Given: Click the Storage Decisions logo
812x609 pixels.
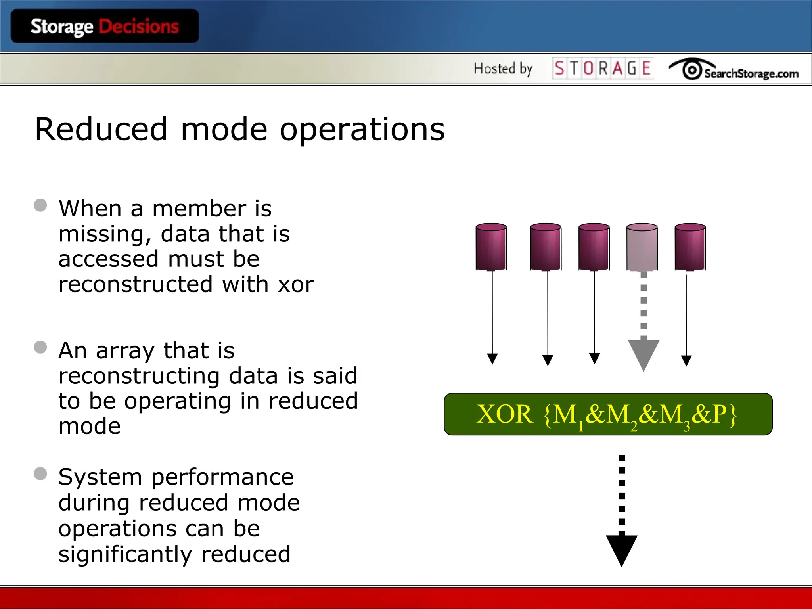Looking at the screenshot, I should [105, 26].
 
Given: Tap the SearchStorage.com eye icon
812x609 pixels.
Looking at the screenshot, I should [692, 70].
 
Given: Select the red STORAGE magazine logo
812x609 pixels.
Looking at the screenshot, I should [603, 68].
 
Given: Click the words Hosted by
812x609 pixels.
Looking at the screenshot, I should [503, 69].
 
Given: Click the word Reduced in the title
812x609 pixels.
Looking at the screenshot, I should [101, 129].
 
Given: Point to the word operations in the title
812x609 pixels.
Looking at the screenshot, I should [362, 130].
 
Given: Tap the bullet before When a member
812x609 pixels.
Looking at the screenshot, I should [40, 205].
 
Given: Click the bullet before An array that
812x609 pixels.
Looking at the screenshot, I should [40, 347].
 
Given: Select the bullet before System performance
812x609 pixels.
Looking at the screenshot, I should [40, 473].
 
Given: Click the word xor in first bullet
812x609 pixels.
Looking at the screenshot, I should [296, 284].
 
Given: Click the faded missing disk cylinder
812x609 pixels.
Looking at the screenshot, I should [642, 247].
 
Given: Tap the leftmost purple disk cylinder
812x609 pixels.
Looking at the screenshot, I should [491, 247].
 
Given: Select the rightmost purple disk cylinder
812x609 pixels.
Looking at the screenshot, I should [690, 247].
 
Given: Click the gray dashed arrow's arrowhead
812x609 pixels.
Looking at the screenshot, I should [643, 354].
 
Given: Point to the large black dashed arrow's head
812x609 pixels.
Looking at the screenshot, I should [621, 550].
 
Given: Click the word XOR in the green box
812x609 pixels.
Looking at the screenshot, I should [504, 414].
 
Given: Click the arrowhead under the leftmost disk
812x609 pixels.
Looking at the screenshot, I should [492, 359].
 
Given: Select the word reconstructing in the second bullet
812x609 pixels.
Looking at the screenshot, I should [139, 376].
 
